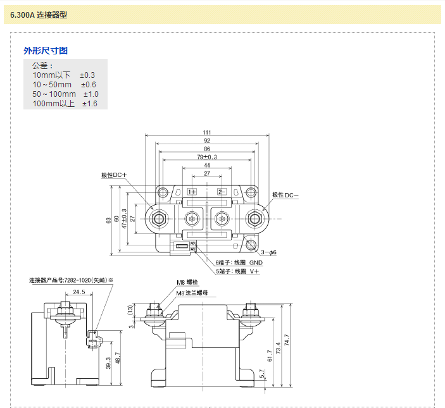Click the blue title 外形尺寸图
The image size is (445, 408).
(x=46, y=51)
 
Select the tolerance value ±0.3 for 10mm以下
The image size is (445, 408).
(x=87, y=75)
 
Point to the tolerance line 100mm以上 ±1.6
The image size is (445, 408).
(x=65, y=103)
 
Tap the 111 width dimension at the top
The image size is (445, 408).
(x=207, y=132)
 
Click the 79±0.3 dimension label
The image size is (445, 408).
(x=207, y=157)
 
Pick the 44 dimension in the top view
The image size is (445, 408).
(x=207, y=165)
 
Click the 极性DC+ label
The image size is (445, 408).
(x=115, y=175)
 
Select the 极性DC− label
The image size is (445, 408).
(x=285, y=195)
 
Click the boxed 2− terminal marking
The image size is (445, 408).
(x=222, y=191)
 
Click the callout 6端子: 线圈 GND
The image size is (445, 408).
(x=239, y=262)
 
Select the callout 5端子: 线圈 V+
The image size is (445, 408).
(x=237, y=271)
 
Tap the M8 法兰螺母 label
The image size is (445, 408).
(x=192, y=294)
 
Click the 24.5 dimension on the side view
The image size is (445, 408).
(x=79, y=292)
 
